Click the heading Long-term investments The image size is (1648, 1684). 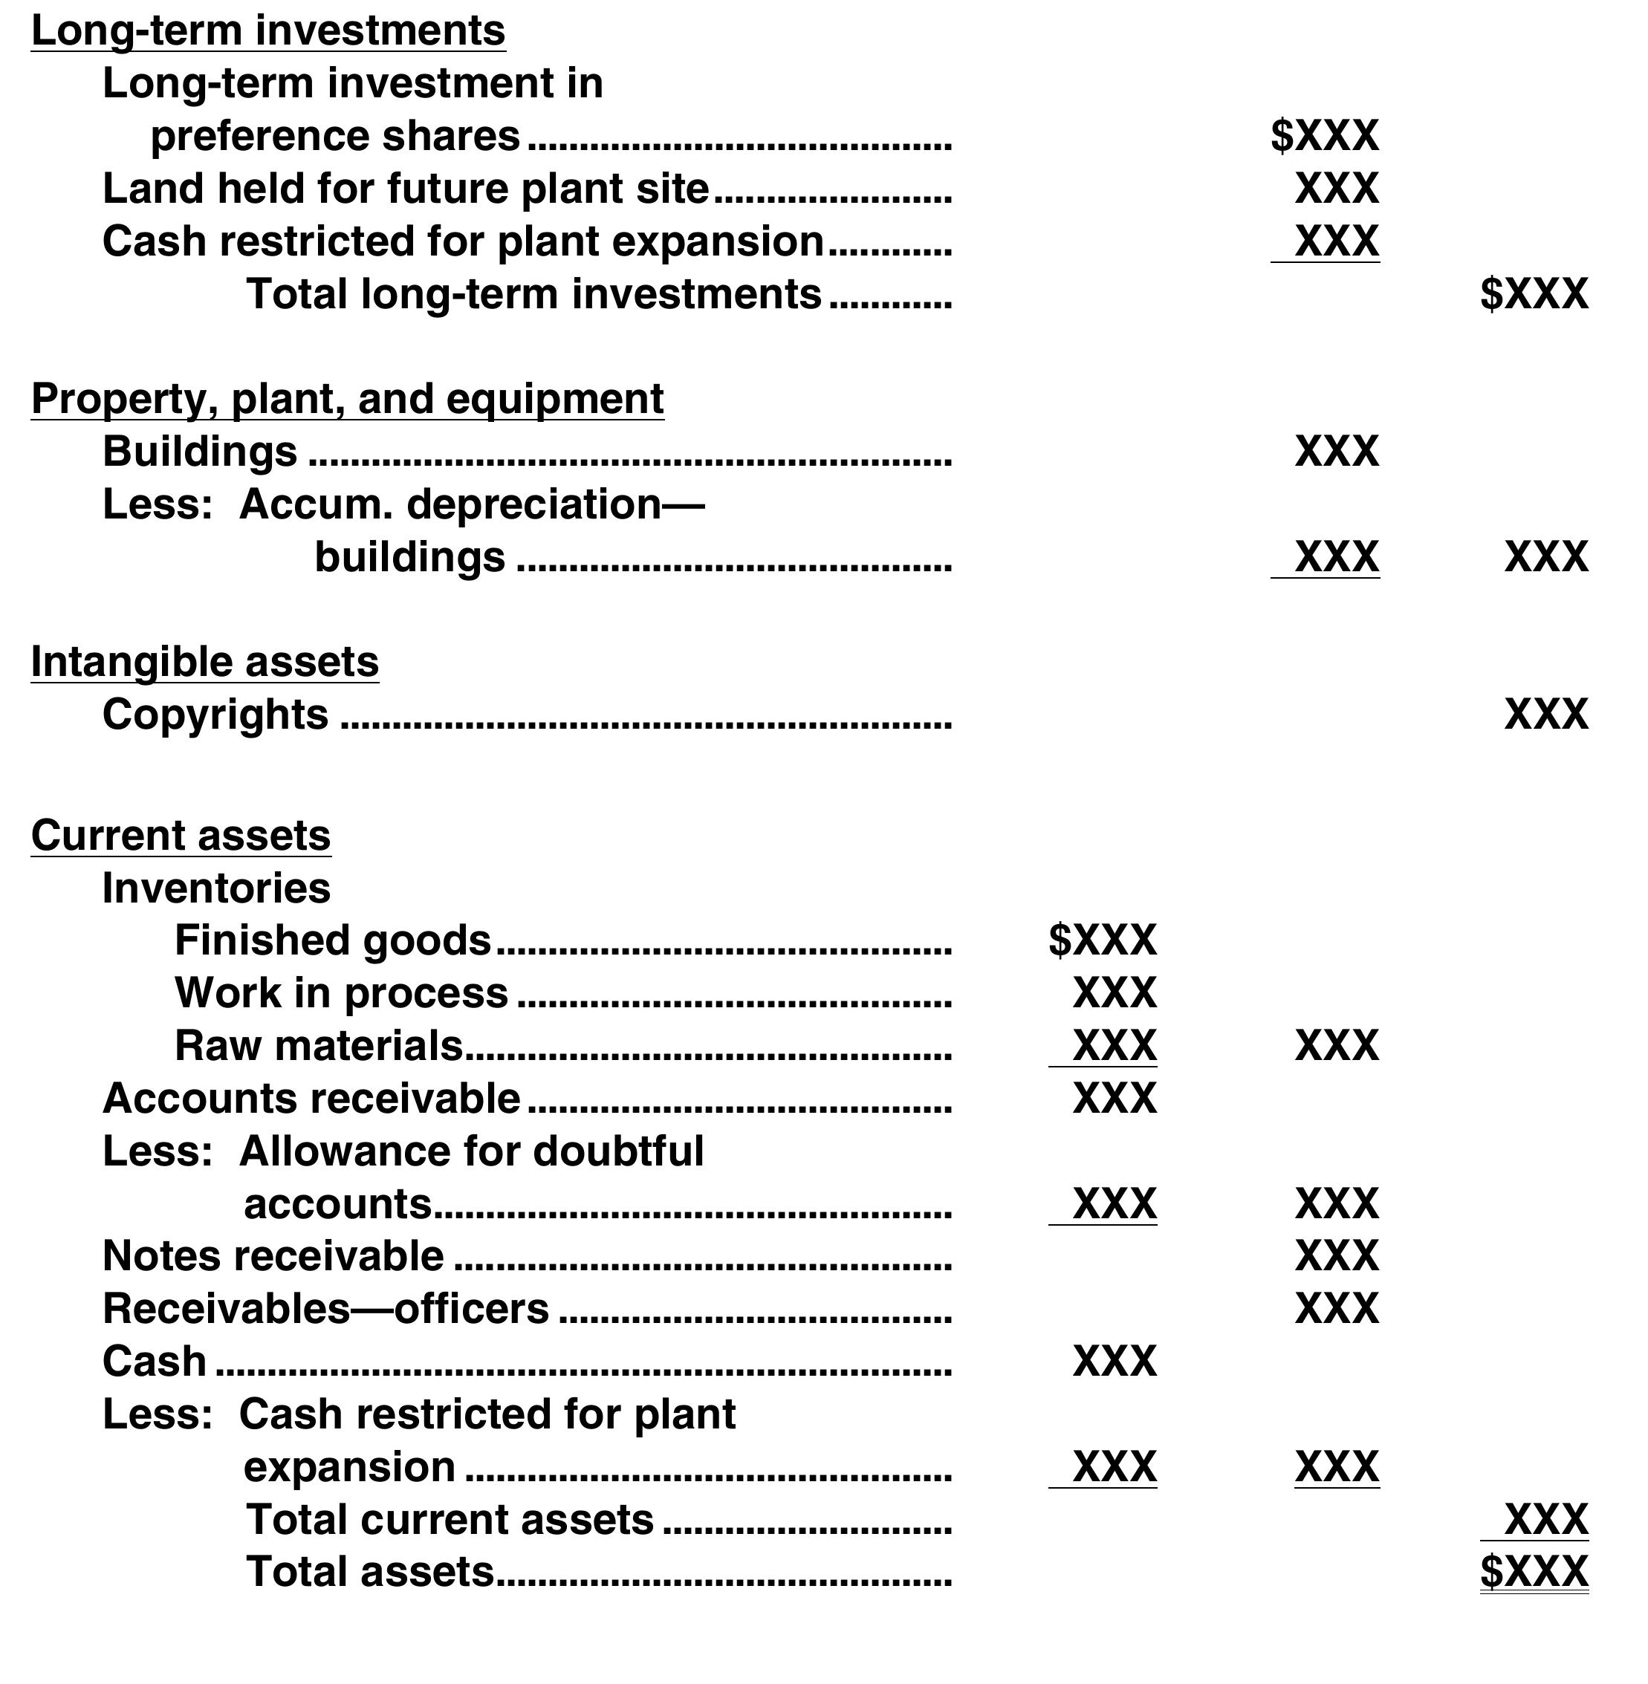(x=268, y=31)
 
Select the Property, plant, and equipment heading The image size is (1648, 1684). (x=347, y=399)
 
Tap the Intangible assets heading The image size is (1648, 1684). (x=204, y=662)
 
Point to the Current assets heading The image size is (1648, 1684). (x=181, y=836)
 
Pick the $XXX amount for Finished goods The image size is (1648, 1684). (x=1102, y=940)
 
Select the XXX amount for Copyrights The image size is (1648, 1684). (x=1546, y=715)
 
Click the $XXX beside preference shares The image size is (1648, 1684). (x=1324, y=136)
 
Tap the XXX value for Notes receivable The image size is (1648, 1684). (x=1337, y=1255)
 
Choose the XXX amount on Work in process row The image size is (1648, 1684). (x=1114, y=992)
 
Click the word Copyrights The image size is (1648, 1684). (x=215, y=715)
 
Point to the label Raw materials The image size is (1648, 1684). (x=319, y=1045)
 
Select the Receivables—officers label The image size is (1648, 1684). (x=325, y=1308)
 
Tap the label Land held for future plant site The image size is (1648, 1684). (x=405, y=189)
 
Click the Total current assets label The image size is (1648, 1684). (x=450, y=1520)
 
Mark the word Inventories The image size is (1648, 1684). (x=216, y=888)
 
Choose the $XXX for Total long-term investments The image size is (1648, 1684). (x=1534, y=294)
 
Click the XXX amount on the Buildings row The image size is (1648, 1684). (x=1337, y=452)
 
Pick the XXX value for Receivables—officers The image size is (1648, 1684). (x=1337, y=1308)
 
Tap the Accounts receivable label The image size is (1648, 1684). (x=311, y=1098)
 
